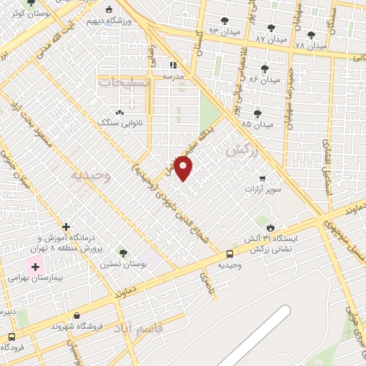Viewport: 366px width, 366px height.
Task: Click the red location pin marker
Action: point(184,169)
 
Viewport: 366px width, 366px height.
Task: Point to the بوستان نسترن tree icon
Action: point(123,252)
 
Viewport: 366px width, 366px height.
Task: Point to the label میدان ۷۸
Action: point(310,44)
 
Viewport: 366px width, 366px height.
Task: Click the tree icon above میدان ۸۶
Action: point(265,69)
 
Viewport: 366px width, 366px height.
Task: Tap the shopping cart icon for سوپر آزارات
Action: point(262,178)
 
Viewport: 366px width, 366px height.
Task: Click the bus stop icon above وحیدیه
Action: point(229,254)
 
